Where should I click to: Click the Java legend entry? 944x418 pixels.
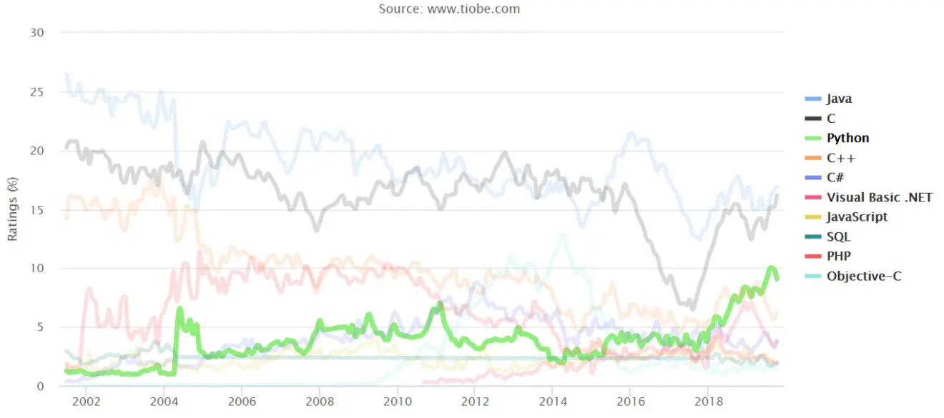point(839,99)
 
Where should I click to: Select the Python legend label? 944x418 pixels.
point(847,139)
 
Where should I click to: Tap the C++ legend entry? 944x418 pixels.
point(840,158)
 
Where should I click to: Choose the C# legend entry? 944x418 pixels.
point(836,178)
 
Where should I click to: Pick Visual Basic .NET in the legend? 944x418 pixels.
point(879,197)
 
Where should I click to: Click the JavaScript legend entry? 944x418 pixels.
point(857,217)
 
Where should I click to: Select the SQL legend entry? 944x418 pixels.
point(838,237)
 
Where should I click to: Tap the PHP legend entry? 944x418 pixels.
point(838,256)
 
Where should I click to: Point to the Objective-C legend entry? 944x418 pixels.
point(863,276)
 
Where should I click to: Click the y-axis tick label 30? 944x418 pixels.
point(37,33)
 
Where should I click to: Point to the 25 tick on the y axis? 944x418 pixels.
point(37,92)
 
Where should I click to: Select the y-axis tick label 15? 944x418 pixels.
point(37,210)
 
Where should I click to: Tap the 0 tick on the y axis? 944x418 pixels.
point(40,387)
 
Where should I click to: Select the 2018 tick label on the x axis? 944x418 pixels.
point(707,401)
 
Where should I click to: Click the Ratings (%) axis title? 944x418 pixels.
point(12,209)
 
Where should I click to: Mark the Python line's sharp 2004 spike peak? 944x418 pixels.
point(180,309)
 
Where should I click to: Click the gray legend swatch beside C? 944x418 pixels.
point(813,119)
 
